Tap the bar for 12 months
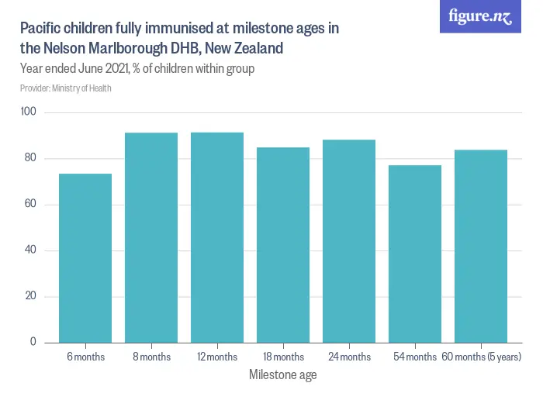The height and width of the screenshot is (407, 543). click(x=217, y=237)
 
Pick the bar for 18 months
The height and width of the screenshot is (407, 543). click(x=283, y=245)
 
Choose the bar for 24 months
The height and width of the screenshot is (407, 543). click(x=349, y=241)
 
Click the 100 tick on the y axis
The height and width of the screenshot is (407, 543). click(x=29, y=113)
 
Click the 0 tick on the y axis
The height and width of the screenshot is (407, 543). click(x=33, y=342)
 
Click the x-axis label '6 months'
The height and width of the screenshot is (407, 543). click(x=85, y=357)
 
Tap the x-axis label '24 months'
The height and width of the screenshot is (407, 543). click(x=349, y=357)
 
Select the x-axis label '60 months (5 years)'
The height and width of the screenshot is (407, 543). click(x=481, y=357)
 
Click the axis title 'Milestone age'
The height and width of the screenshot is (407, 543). click(x=282, y=375)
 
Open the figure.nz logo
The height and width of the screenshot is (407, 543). click(x=480, y=16)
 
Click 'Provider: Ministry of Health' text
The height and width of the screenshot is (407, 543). click(x=66, y=88)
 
